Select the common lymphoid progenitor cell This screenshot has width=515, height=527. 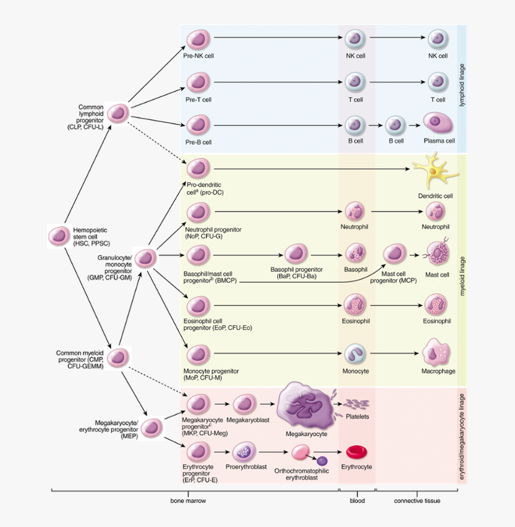coord(119,113)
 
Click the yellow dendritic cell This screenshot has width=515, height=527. coord(435,171)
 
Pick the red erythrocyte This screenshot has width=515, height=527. coord(356,452)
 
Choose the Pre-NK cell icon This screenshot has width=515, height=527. coord(196,40)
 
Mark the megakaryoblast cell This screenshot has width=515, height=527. coord(244,404)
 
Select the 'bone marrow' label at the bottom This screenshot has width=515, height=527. coord(188,501)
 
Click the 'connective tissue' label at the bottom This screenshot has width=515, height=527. coord(417,501)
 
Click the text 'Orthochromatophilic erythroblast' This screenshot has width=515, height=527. coord(303,474)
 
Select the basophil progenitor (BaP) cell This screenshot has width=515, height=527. coord(296,254)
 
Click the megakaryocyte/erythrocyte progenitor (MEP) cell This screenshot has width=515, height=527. coord(152,427)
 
